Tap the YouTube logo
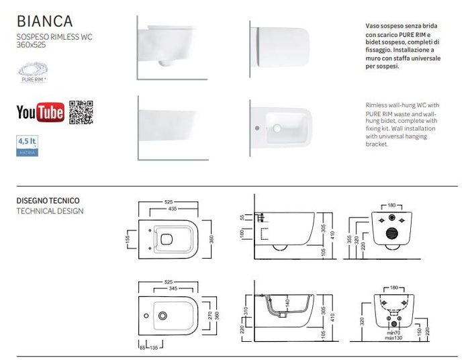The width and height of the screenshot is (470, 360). point(40,111)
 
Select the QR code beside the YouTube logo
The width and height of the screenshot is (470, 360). point(81,111)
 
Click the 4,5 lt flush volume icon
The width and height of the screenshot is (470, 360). point(27,146)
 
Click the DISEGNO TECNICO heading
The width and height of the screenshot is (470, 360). point(48,200)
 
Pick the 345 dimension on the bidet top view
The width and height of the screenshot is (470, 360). point(173,287)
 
